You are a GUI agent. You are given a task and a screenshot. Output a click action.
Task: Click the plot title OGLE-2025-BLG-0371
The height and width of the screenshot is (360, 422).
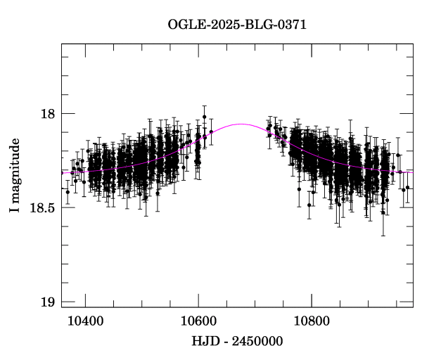pos(237,25)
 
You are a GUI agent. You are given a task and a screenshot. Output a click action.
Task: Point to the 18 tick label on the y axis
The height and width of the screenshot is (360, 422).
pos(46,113)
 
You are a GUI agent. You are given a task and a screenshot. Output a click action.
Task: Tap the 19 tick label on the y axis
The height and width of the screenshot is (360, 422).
pos(46,302)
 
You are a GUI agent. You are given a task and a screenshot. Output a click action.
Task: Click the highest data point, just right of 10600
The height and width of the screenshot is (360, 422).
pos(205,117)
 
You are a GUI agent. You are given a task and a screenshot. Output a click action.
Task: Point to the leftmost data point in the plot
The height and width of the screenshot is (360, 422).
pos(68,191)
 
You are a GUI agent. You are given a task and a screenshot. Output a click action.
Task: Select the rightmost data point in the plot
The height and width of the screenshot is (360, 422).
pos(407,188)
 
